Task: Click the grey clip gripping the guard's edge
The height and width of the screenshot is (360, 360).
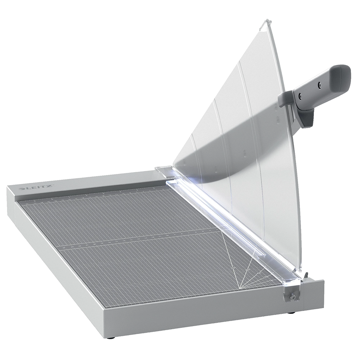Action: tap(285, 99)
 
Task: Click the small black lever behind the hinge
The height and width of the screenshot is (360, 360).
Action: tap(306, 275)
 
